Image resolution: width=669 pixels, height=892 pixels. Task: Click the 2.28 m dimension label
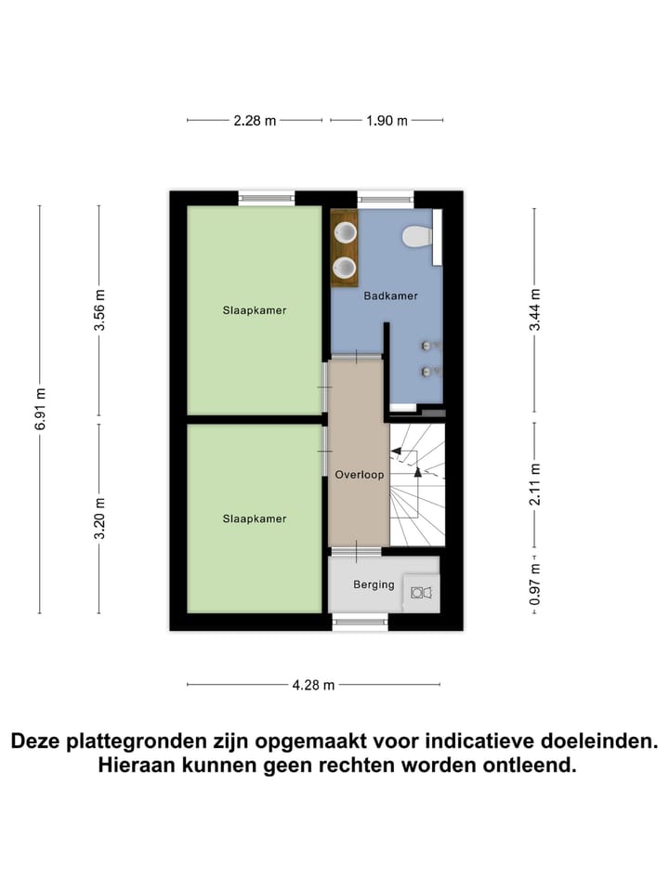pyautogui.click(x=255, y=121)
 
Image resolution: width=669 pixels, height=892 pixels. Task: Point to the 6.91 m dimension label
pyautogui.click(x=40, y=410)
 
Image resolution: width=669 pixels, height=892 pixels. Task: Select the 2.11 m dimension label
pyautogui.click(x=534, y=484)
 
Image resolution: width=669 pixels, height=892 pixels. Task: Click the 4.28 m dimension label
pyautogui.click(x=313, y=686)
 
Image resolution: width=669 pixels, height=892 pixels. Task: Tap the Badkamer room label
pyautogui.click(x=390, y=295)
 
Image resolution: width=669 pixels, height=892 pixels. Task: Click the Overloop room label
pyautogui.click(x=359, y=475)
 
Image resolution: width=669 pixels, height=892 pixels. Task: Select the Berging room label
pyautogui.click(x=374, y=584)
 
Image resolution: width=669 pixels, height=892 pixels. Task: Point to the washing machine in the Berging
pyautogui.click(x=421, y=592)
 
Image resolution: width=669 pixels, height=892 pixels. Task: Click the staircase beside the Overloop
pyautogui.click(x=417, y=484)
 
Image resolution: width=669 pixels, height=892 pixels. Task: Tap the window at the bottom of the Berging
pyautogui.click(x=361, y=622)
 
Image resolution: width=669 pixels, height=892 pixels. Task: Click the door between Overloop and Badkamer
pyautogui.click(x=357, y=357)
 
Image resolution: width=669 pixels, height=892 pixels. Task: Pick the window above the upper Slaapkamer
pyautogui.click(x=267, y=197)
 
